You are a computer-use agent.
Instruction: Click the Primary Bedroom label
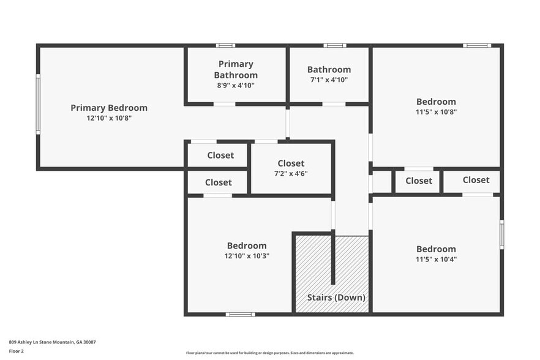pos(109,108)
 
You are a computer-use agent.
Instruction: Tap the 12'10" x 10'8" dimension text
pos(109,118)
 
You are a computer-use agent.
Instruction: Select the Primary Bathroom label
pos(236,69)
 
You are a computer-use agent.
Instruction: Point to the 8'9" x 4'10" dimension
pos(236,85)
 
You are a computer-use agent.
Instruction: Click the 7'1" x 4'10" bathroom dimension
pos(329,79)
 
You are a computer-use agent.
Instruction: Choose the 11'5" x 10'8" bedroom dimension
pos(436,111)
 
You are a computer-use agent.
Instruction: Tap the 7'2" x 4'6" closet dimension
pos(291,173)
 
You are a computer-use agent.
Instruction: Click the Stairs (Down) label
pos(336,298)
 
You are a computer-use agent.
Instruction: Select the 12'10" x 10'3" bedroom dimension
pos(247,255)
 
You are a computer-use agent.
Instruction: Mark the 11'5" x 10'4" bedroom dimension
pos(436,258)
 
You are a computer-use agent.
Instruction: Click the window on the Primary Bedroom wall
pos(38,104)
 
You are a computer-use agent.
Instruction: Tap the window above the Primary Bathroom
pos(226,45)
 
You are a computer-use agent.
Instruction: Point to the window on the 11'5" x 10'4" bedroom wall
pos(501,234)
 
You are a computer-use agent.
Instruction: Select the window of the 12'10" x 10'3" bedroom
pos(240,314)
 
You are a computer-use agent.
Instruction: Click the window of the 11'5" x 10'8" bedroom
pos(476,45)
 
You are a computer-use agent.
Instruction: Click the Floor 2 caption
pos(17,351)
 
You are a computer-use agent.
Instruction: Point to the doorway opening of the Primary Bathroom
pos(224,104)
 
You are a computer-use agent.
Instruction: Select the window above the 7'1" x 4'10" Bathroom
pos(334,45)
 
